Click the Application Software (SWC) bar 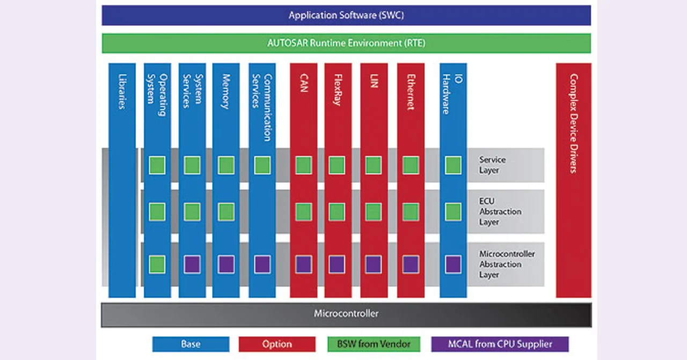pos(346,15)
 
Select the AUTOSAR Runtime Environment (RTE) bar pos(346,43)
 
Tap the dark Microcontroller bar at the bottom pos(346,314)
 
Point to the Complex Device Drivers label pos(573,123)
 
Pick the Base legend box pos(191,344)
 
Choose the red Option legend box pos(277,344)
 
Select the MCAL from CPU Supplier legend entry pos(499,344)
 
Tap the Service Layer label pos(492,165)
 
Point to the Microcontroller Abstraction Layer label pos(507,264)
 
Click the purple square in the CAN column pos(303,265)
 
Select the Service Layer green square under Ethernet pos(411,165)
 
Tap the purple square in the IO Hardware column pos(453,265)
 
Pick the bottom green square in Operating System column pos(157,265)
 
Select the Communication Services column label pos(262,107)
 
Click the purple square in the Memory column pos(226,265)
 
